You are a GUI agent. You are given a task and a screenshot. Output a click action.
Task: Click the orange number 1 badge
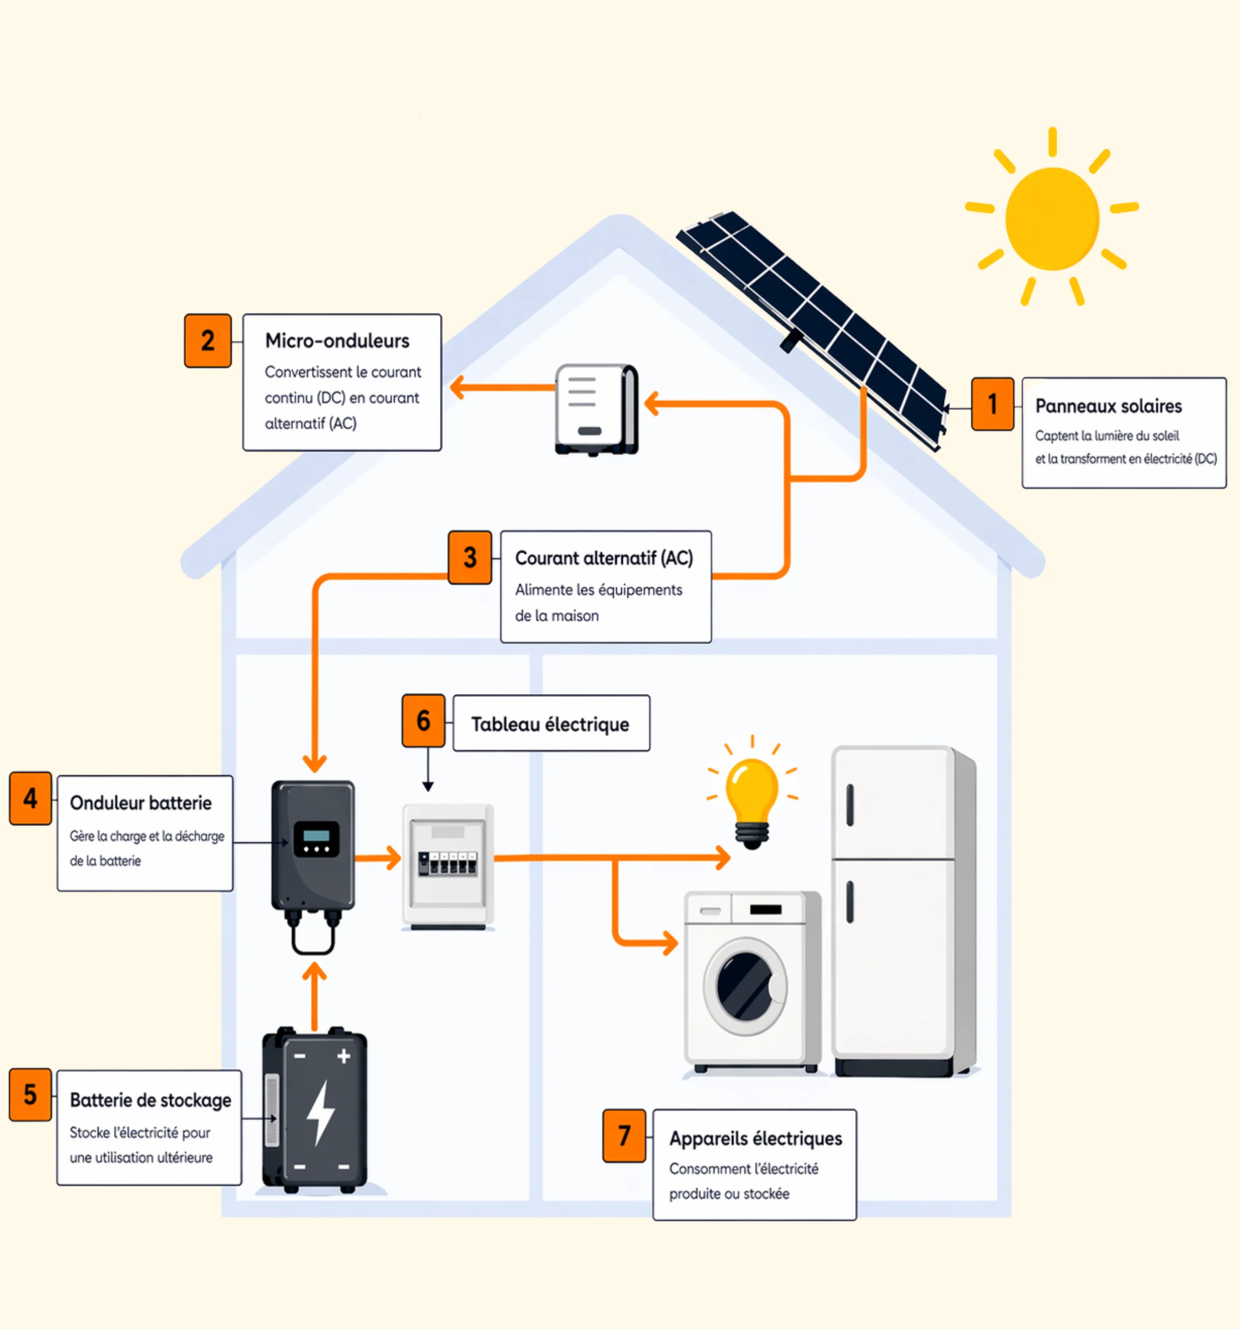[x=993, y=404]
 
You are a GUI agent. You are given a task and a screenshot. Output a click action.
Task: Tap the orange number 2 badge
[x=208, y=341]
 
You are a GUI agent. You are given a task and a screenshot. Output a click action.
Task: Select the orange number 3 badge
[x=470, y=557]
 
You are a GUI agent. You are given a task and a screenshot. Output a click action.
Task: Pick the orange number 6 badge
[x=423, y=721]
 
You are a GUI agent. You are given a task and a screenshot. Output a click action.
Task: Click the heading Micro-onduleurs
[x=337, y=341]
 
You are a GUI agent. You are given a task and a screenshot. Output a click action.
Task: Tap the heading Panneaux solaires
[x=1108, y=406]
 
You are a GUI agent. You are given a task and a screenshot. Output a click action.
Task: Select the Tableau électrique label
[x=550, y=724]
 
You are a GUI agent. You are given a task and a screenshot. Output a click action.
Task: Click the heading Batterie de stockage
[x=150, y=1100]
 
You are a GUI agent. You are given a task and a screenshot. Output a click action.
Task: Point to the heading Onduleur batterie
[x=141, y=803]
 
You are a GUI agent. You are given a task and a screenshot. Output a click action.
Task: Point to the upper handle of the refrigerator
[x=850, y=805]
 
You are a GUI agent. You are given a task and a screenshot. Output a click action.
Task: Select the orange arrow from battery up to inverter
[x=314, y=996]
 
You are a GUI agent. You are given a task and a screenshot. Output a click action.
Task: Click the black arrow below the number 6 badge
[x=428, y=769]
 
